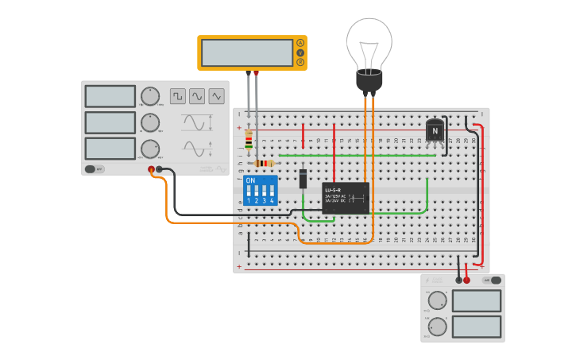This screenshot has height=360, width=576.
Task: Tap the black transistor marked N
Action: [x=435, y=131]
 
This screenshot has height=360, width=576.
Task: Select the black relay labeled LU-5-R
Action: [x=346, y=198]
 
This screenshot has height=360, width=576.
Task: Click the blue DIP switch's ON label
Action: [x=251, y=180]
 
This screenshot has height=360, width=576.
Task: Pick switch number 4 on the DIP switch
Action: [x=272, y=195]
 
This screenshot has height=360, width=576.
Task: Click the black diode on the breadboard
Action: [x=303, y=179]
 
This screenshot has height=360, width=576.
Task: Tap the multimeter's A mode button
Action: [x=300, y=43]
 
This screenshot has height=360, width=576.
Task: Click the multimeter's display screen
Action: [x=247, y=52]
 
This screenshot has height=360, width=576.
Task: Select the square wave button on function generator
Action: [x=177, y=96]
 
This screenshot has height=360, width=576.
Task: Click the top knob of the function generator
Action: [x=149, y=97]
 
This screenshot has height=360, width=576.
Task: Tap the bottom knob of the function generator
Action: [x=149, y=149]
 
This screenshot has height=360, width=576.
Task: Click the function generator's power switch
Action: [x=95, y=168]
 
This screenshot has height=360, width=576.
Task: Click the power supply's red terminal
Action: [x=467, y=280]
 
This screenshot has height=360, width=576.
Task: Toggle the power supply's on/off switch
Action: [x=496, y=280]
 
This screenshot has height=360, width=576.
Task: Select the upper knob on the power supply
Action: [x=437, y=300]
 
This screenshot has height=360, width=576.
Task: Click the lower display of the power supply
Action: [x=477, y=327]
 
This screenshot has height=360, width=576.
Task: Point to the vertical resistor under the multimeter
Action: [x=249, y=141]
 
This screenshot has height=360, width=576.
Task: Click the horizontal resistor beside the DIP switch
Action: [x=265, y=163]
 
